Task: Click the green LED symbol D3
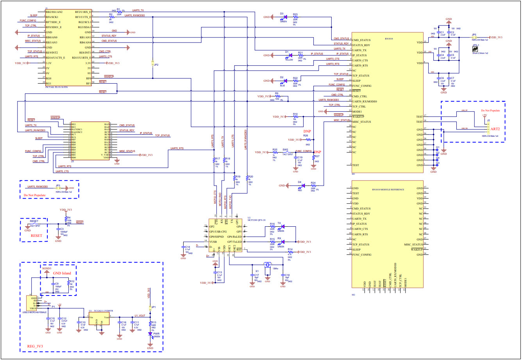(x=285, y=17)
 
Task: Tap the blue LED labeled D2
(x=285, y=81)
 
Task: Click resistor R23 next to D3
(x=295, y=17)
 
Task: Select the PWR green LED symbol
(x=150, y=334)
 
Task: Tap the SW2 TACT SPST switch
(x=286, y=152)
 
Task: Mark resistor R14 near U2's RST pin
(x=290, y=252)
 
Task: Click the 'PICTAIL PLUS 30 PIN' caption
(x=57, y=87)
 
